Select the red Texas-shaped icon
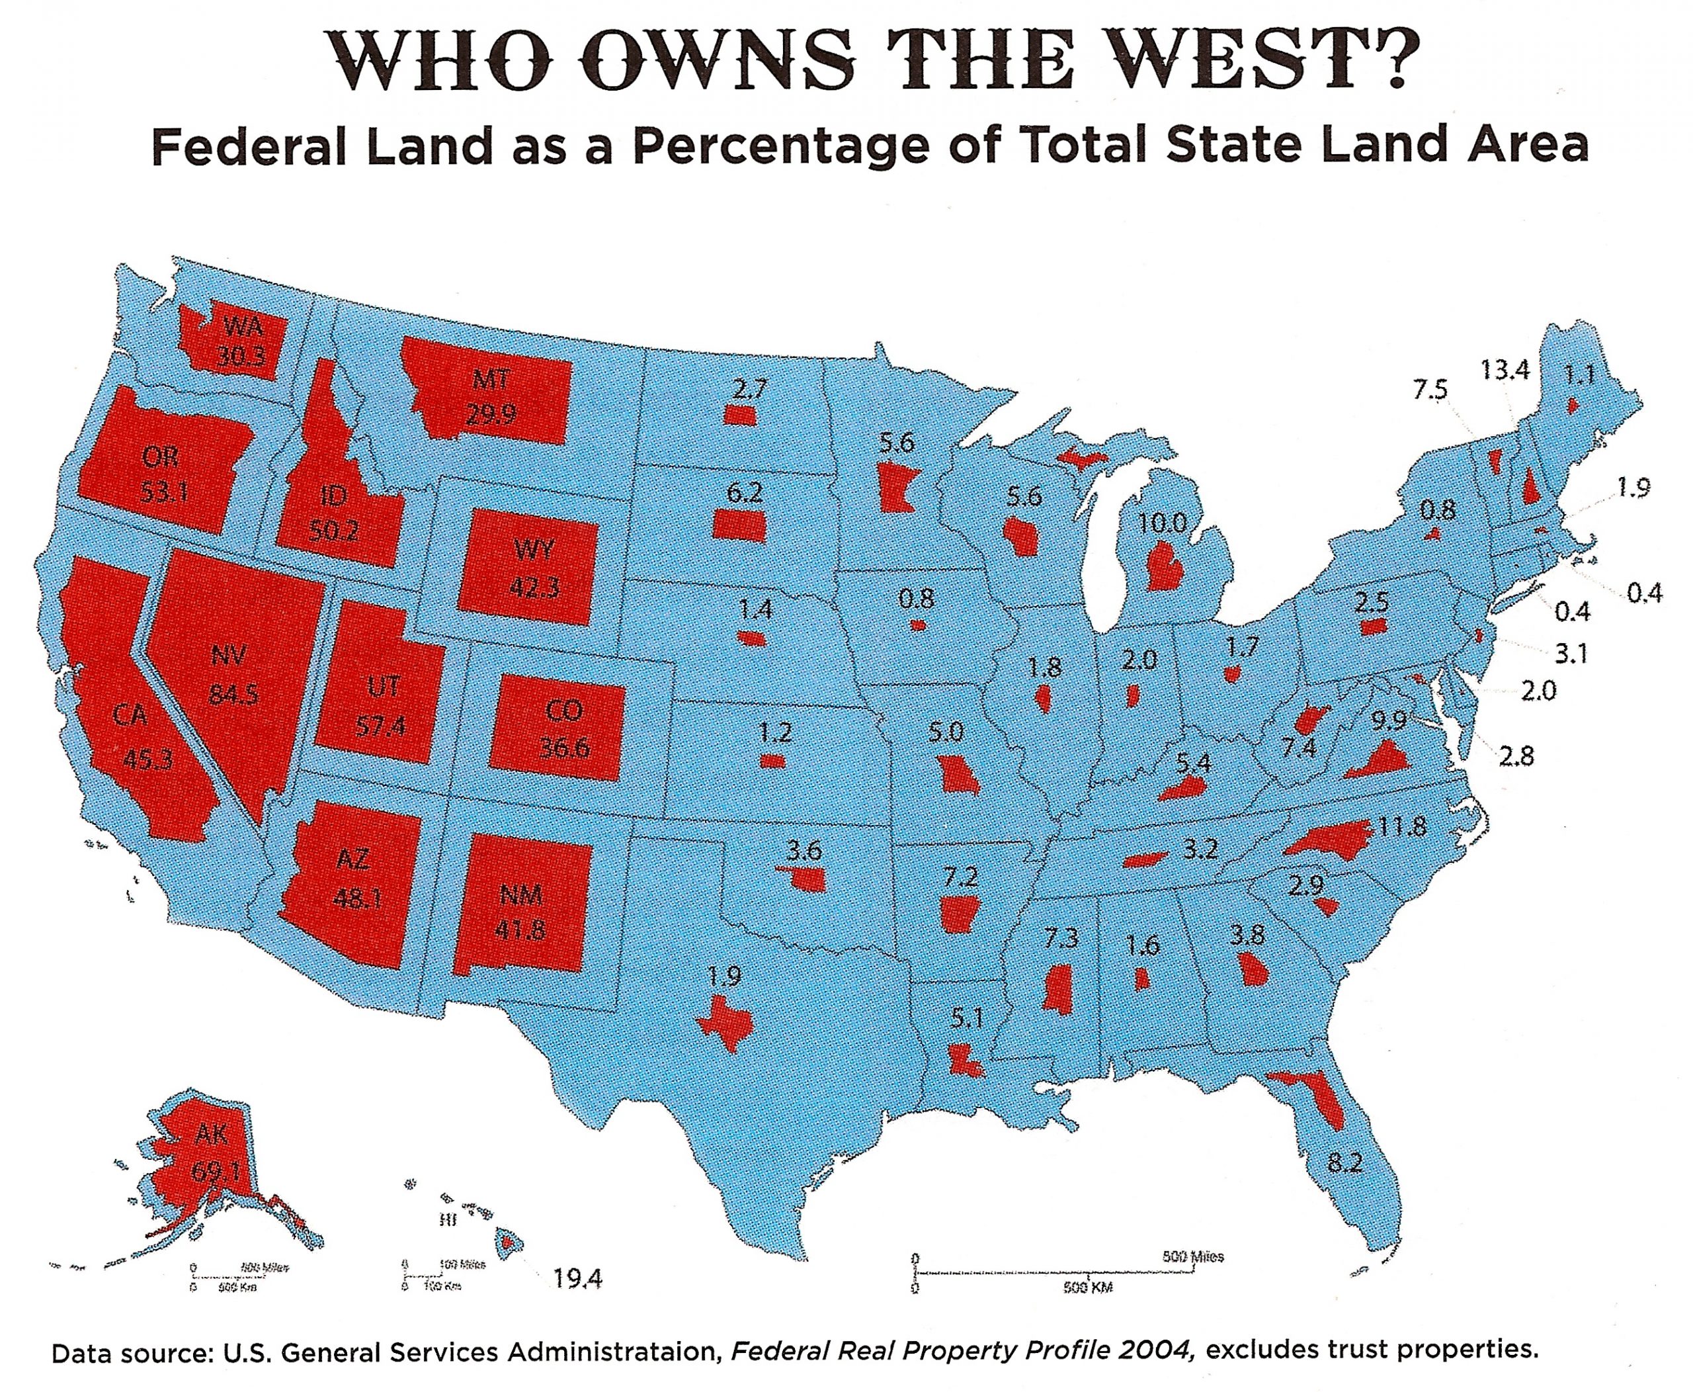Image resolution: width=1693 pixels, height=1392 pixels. click(724, 1023)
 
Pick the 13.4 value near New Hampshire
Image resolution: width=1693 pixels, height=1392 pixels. click(1504, 370)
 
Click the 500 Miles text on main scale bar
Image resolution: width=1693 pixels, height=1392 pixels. click(1193, 1256)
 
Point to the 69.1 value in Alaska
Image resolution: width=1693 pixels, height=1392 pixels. click(215, 1172)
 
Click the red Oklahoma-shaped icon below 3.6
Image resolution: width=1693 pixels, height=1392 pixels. click(804, 880)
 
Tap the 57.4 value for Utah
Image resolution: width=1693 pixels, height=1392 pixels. click(380, 726)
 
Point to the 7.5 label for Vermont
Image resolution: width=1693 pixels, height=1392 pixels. click(1429, 390)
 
